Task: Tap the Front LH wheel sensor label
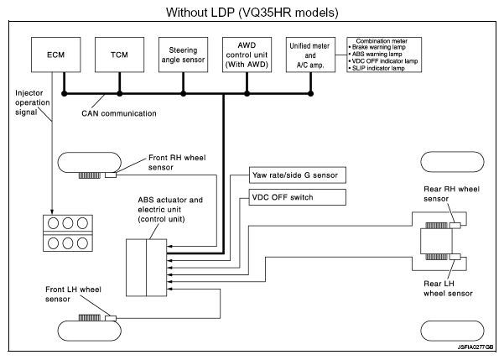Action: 73,294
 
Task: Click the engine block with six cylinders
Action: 65,236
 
